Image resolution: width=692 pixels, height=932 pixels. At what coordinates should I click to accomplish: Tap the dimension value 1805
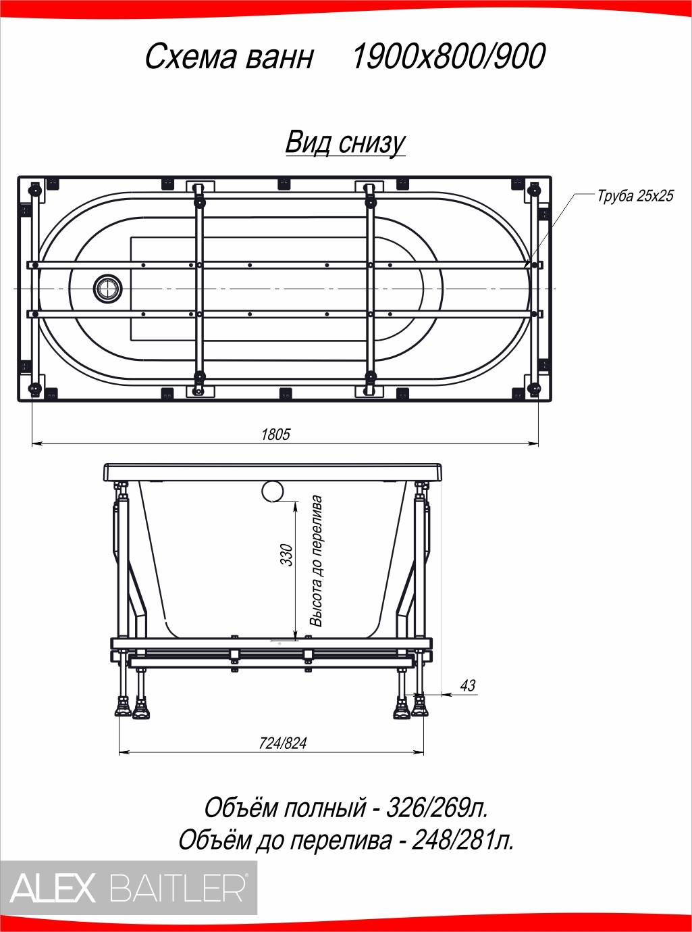tap(276, 434)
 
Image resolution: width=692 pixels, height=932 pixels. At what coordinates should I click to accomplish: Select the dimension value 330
tap(287, 555)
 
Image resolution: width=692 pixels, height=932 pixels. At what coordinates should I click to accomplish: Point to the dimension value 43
tap(468, 685)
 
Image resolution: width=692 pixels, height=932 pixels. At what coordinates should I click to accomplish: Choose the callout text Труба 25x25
tap(635, 196)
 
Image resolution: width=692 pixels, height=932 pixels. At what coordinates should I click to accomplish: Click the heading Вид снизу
tap(346, 143)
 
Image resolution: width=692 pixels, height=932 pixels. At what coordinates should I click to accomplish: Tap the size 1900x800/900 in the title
tap(448, 56)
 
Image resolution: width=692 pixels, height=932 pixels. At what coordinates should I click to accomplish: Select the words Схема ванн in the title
tap(230, 57)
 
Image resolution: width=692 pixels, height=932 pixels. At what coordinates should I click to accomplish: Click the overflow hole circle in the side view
tap(273, 491)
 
